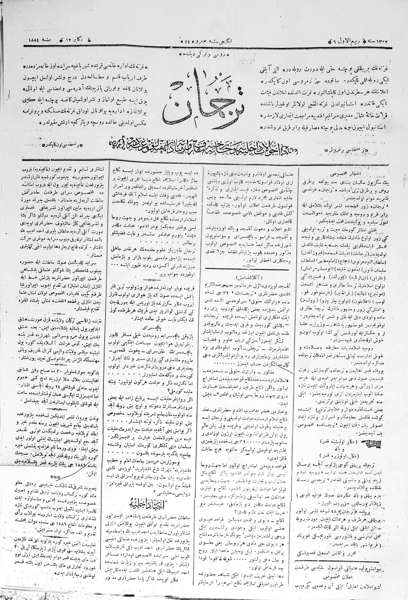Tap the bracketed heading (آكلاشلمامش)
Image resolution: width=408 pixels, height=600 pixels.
[x=247, y=275]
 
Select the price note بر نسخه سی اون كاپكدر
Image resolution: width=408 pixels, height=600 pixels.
[x=60, y=144]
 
